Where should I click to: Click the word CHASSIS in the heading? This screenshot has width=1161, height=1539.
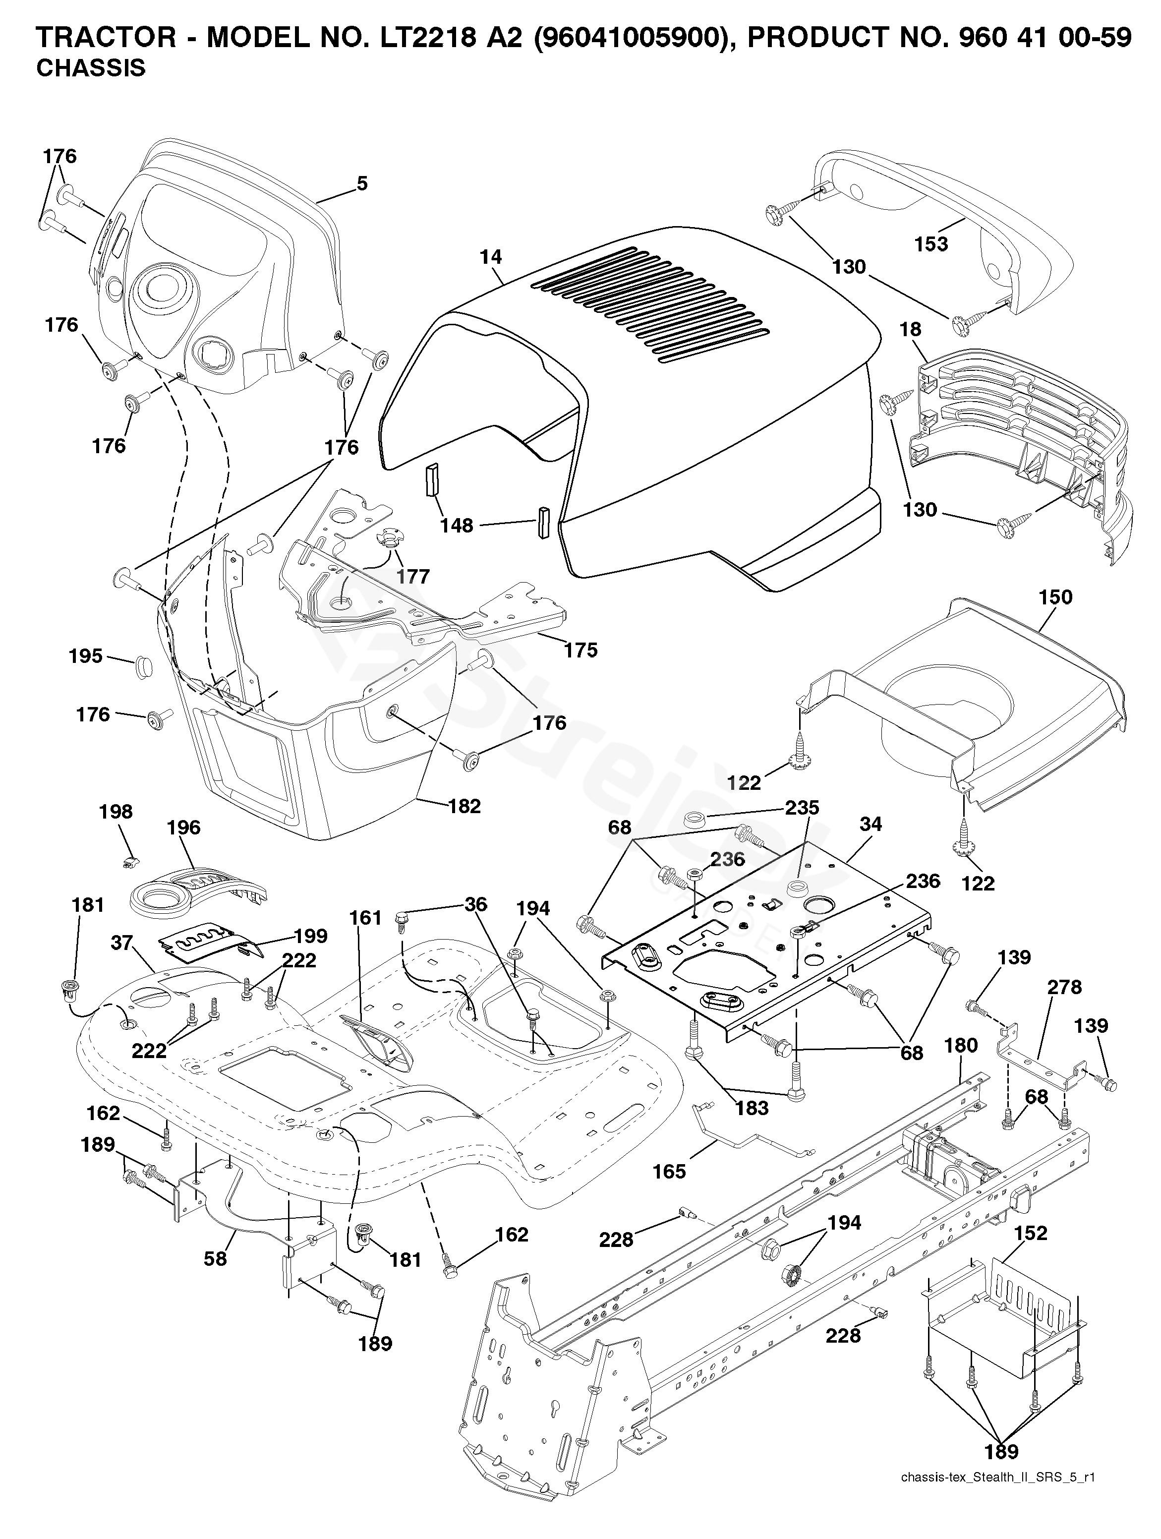click(x=90, y=68)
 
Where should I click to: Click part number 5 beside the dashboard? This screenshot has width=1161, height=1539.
click(x=362, y=183)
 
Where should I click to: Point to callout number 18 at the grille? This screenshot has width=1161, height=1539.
click(x=911, y=329)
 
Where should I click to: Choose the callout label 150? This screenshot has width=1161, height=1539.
click(x=1055, y=597)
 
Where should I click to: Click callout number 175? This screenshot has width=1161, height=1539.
click(x=581, y=650)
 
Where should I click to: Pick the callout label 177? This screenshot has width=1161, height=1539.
click(x=413, y=576)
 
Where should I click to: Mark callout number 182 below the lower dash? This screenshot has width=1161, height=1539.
click(x=464, y=806)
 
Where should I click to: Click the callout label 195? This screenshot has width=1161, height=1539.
click(x=86, y=656)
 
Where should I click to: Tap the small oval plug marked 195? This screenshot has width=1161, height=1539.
click(x=142, y=665)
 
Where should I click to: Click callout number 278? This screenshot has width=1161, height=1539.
click(x=1064, y=987)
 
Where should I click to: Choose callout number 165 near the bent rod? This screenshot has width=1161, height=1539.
click(x=669, y=1172)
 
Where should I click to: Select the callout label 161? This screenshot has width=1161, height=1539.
click(x=366, y=918)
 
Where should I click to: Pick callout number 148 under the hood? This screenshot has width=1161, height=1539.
click(x=457, y=525)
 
